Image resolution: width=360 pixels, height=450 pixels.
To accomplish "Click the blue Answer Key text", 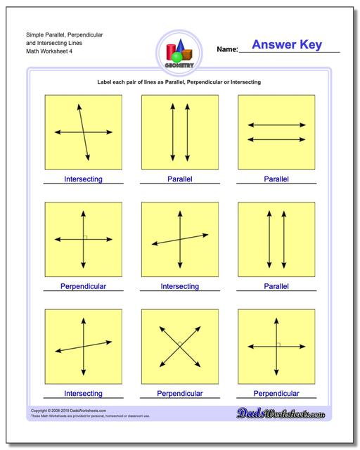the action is pyautogui.click(x=287, y=45).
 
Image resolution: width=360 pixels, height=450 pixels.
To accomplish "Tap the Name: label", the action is pyautogui.click(x=227, y=49).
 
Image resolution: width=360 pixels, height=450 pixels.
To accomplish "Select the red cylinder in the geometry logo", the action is pyautogui.click(x=171, y=51).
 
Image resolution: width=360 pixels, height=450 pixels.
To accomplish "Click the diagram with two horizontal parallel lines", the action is pyautogui.click(x=276, y=132).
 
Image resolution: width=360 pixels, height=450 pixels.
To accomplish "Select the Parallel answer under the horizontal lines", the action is pyautogui.click(x=276, y=179).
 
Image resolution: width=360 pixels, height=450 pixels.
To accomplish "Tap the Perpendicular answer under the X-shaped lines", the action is pyautogui.click(x=179, y=393).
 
